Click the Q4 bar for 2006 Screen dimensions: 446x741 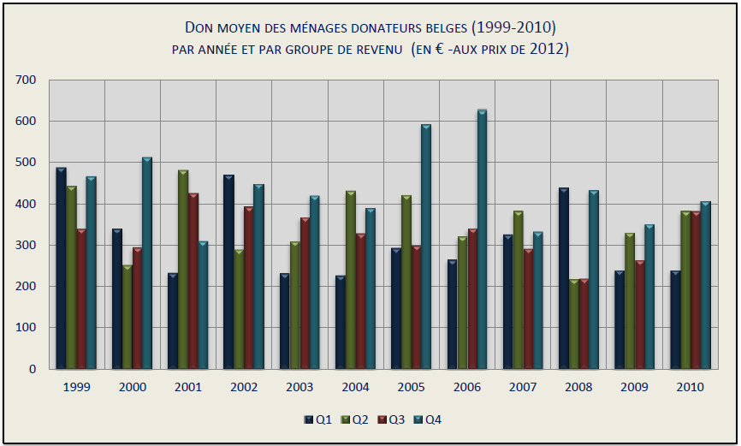tap(482, 240)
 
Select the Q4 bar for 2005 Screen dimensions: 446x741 tap(426, 247)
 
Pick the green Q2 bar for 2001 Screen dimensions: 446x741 tap(182, 270)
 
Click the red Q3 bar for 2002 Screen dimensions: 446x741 tap(248, 288)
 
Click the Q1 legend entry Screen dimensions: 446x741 tap(318, 419)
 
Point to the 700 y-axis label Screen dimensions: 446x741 tap(26, 80)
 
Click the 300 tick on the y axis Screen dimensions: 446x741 tap(26, 245)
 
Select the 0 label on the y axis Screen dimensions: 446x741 tap(33, 369)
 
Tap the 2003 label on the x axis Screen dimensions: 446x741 tap(299, 387)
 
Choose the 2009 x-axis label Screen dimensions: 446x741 tap(634, 387)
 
